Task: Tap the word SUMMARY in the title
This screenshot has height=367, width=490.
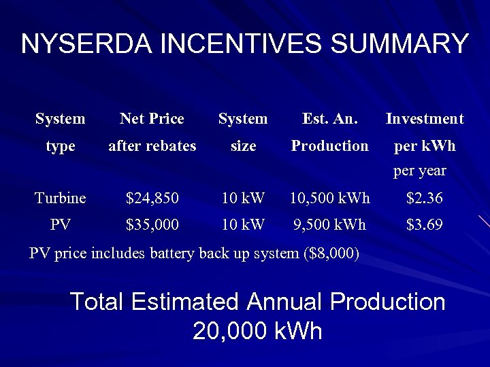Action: point(399,43)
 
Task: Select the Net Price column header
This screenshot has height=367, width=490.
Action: point(152,119)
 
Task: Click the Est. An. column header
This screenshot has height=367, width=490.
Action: point(329,119)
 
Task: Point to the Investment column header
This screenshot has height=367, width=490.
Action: point(425,119)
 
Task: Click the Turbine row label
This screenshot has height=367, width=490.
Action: point(61,198)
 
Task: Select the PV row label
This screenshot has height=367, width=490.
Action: point(61,224)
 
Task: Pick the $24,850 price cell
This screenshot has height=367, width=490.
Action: point(152,198)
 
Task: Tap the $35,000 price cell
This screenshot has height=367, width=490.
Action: point(152,224)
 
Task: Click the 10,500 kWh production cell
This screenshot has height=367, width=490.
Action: point(330,198)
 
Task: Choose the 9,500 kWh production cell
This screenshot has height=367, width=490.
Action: point(330,224)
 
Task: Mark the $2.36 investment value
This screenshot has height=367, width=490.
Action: point(425,198)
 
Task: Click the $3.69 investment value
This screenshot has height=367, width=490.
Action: point(425,224)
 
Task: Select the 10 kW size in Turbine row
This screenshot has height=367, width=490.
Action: point(243,198)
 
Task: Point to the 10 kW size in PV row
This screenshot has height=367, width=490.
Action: point(243,224)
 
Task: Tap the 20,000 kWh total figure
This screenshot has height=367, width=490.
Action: point(257,331)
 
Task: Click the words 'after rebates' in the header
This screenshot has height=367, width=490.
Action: point(152,146)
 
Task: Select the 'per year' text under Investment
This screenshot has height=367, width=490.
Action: point(420,171)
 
